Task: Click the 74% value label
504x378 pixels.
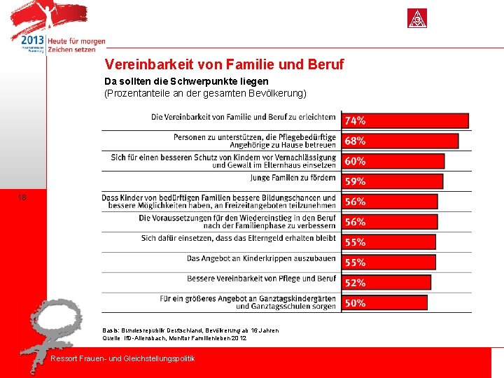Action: [x=355, y=120]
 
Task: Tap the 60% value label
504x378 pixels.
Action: [x=355, y=161]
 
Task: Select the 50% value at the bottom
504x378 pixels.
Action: [x=355, y=303]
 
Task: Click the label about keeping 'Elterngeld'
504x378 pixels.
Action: [x=239, y=238]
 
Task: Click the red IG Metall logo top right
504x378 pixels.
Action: [x=417, y=18]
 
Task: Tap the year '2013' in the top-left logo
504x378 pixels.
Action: [x=32, y=41]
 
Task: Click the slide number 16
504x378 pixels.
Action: [x=23, y=198]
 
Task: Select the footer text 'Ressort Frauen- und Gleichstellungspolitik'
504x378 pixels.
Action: [x=123, y=359]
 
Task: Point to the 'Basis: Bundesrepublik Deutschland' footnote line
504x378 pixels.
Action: [x=190, y=330]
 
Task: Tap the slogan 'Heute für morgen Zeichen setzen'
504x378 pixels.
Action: [x=76, y=45]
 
